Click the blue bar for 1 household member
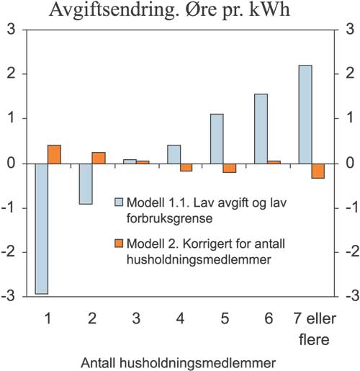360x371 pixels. [x=42, y=228]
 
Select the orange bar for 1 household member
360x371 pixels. [x=54, y=154]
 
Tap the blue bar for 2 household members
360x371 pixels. [x=86, y=184]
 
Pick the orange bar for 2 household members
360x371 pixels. [x=99, y=158]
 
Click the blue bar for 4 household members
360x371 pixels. [x=174, y=154]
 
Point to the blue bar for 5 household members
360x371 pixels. [x=217, y=139]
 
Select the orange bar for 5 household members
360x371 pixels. [x=230, y=168]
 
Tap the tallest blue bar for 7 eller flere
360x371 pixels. [x=305, y=115]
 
